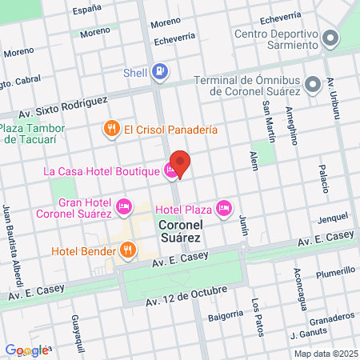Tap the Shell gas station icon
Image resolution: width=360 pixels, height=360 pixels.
[x=161, y=72]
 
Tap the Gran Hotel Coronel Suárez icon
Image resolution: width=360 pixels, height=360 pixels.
[x=124, y=207]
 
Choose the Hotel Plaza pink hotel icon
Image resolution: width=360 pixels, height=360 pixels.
[x=224, y=210]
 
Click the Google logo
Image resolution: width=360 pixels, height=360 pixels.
[x=26, y=350]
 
